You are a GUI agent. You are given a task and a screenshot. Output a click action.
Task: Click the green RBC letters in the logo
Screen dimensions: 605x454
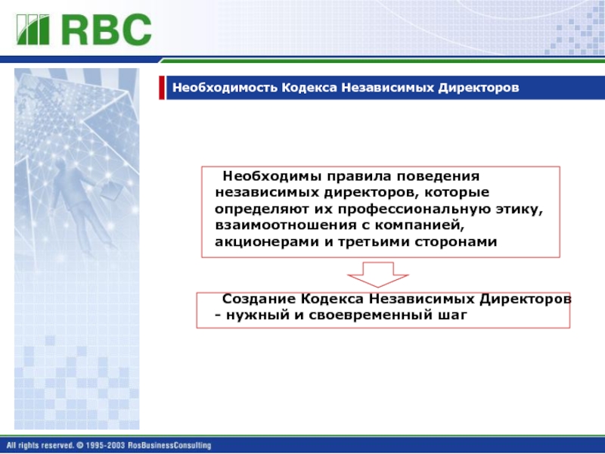[x=107, y=30]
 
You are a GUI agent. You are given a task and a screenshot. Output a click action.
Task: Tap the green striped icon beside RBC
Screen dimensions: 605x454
[x=33, y=30]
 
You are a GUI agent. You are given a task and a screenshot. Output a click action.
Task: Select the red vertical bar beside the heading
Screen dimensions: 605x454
[x=162, y=88]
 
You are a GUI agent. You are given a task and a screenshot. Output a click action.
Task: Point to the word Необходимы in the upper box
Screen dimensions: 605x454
[x=272, y=176]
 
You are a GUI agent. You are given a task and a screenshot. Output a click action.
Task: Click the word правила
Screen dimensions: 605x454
[x=359, y=177]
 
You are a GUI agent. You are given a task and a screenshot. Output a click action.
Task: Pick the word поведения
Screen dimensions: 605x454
[x=438, y=177]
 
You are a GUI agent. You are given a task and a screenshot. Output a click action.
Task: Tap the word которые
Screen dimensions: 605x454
[x=457, y=193]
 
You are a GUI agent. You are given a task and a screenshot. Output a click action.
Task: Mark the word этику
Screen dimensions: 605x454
[x=520, y=210]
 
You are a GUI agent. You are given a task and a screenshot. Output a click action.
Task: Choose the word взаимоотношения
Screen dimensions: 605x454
[x=286, y=225]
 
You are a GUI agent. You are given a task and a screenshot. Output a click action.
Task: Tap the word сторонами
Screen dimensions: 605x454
[x=456, y=242]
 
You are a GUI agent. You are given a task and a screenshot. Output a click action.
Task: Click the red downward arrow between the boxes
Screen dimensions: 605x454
[x=377, y=275]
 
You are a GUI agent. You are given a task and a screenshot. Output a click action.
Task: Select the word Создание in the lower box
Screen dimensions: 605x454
[x=259, y=299]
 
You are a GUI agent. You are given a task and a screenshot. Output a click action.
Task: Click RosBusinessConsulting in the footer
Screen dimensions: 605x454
[x=169, y=446]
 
